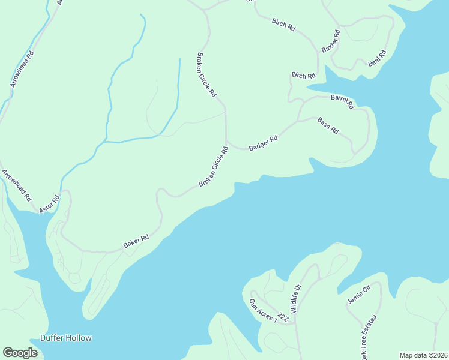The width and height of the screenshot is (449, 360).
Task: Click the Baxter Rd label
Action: click(x=331, y=41)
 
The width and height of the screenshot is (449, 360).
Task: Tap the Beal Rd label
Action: click(x=377, y=58)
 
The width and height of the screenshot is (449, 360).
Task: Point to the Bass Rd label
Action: click(x=328, y=125)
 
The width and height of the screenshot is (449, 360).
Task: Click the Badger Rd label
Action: click(x=263, y=143)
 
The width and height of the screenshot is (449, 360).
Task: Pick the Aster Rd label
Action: click(x=50, y=205)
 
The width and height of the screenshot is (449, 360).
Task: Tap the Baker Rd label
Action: click(x=136, y=241)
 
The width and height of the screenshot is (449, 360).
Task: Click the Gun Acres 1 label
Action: click(x=263, y=310)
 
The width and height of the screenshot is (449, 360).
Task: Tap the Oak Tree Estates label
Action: click(x=369, y=336)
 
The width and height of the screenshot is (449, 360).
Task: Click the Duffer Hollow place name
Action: click(x=66, y=338)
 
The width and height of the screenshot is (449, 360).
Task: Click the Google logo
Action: click(x=20, y=353)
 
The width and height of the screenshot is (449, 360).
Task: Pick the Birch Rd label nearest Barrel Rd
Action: click(x=303, y=76)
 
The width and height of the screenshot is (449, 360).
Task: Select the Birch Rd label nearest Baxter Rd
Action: click(x=283, y=26)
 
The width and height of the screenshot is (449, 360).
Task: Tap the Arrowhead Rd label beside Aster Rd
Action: click(x=16, y=185)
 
